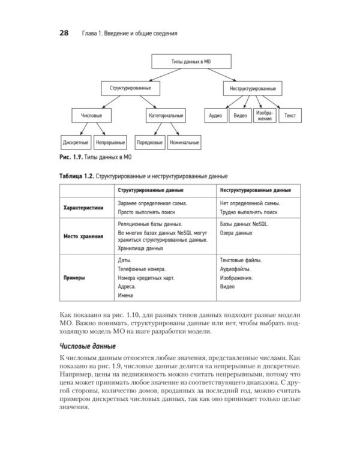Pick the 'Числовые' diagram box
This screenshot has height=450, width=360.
click(91, 115)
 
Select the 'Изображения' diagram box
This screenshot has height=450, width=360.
click(265, 115)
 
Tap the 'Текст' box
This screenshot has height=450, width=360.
click(290, 115)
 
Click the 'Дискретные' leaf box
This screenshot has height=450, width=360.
click(76, 143)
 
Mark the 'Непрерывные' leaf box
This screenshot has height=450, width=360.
click(110, 143)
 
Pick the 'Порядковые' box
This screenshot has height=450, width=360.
click(149, 143)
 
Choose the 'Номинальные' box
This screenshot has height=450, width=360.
click(184, 143)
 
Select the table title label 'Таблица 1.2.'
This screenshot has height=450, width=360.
click(76, 178)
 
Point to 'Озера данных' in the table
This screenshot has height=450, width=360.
click(236, 232)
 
